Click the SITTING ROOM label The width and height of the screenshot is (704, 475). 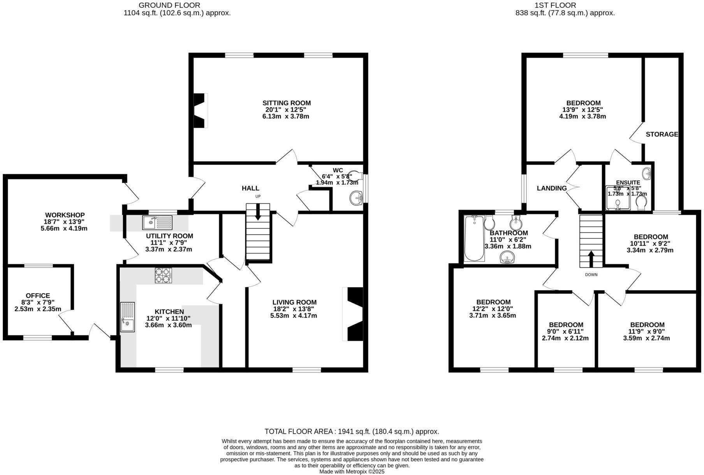pos(286,103)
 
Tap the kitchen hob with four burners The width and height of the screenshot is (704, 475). pos(164,275)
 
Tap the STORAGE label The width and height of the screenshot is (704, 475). pos(662,134)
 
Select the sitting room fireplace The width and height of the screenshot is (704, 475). pos(200,110)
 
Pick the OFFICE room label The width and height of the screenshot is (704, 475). pos(38,296)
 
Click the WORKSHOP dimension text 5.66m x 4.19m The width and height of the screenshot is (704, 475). pos(64,228)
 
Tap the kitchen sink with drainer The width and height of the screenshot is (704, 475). pos(127,317)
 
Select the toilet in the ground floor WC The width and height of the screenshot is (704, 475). pos(354,175)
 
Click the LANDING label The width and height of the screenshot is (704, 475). pos(551,189)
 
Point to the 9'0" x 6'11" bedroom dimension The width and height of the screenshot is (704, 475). pos(565,331)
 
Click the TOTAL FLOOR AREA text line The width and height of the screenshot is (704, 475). pos(352,431)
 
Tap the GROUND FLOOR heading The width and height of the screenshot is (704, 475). pos(169,5)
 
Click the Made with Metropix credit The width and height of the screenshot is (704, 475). pos(352,471)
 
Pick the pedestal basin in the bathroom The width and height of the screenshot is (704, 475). pos(507,257)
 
